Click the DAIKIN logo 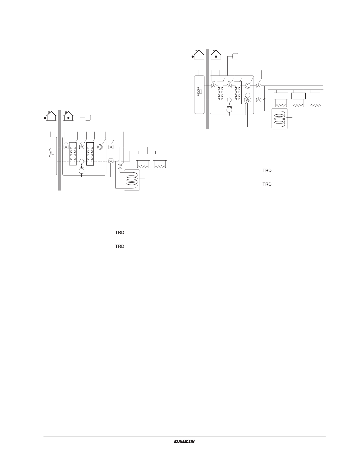coord(184,441)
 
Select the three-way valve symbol coord(247,100)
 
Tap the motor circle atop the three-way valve coord(247,95)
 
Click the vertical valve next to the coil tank coord(120,166)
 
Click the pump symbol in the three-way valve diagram coord(247,86)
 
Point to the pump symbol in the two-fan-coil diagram coord(100,147)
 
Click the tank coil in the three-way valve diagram coord(279,118)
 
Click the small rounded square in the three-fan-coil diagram coord(235,56)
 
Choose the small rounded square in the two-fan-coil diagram coord(88,118)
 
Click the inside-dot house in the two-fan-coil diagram coord(68,116)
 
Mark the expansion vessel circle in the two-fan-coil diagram coord(82,171)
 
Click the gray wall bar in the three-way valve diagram coord(207,89)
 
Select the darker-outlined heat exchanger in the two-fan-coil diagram coord(90,154)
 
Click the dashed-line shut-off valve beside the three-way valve coord(258,100)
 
